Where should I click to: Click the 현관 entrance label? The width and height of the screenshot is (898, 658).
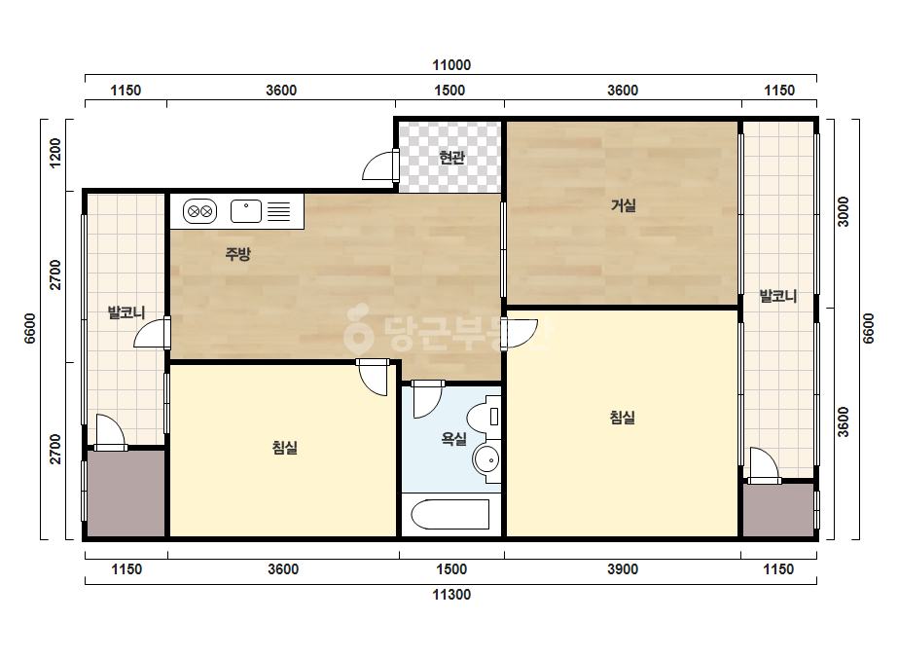tap(451, 157)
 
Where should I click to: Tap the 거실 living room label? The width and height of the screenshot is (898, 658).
tap(623, 205)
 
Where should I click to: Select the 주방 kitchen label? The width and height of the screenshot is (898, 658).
tap(237, 254)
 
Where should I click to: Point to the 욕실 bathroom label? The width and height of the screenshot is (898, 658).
tap(453, 439)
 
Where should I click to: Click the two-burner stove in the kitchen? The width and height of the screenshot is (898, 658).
tap(199, 211)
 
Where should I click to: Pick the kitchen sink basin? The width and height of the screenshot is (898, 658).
tap(246, 211)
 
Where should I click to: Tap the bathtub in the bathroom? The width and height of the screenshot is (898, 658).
tap(450, 514)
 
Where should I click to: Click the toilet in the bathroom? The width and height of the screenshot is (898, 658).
tap(484, 417)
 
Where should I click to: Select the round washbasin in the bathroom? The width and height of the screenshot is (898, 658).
tap(486, 459)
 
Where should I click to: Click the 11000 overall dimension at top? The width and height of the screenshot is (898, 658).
tap(451, 65)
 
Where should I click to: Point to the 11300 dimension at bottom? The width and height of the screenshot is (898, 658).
tap(451, 595)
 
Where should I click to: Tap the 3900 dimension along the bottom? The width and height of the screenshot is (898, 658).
tap(623, 569)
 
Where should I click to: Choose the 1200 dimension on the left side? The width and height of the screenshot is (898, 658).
tap(55, 153)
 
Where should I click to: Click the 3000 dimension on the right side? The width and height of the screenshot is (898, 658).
tap(844, 211)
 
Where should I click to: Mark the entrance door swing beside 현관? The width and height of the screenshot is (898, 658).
tap(379, 165)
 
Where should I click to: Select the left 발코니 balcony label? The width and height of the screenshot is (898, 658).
tap(126, 312)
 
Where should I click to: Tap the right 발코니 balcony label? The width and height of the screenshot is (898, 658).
tap(777, 296)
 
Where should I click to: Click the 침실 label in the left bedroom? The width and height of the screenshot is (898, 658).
tap(285, 447)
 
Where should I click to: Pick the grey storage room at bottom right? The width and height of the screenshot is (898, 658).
tap(779, 510)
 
